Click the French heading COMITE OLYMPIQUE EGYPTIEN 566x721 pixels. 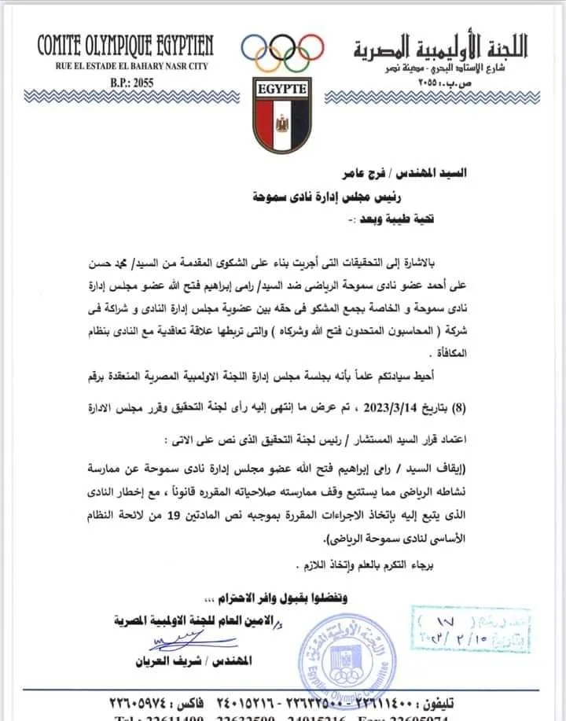coord(126,45)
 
